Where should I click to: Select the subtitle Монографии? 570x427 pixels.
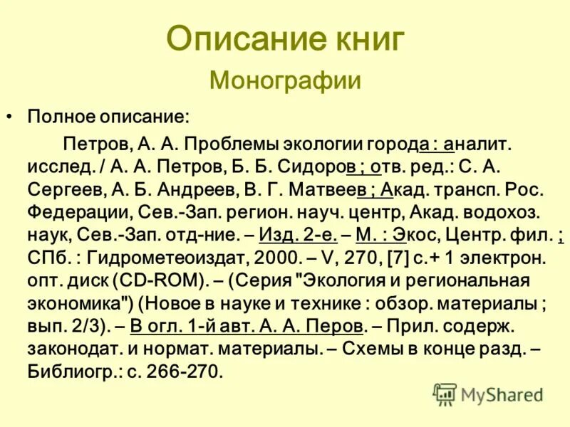pos(285,80)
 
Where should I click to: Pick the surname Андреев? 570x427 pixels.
pos(182,191)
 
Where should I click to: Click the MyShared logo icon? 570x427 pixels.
pos(445,394)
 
